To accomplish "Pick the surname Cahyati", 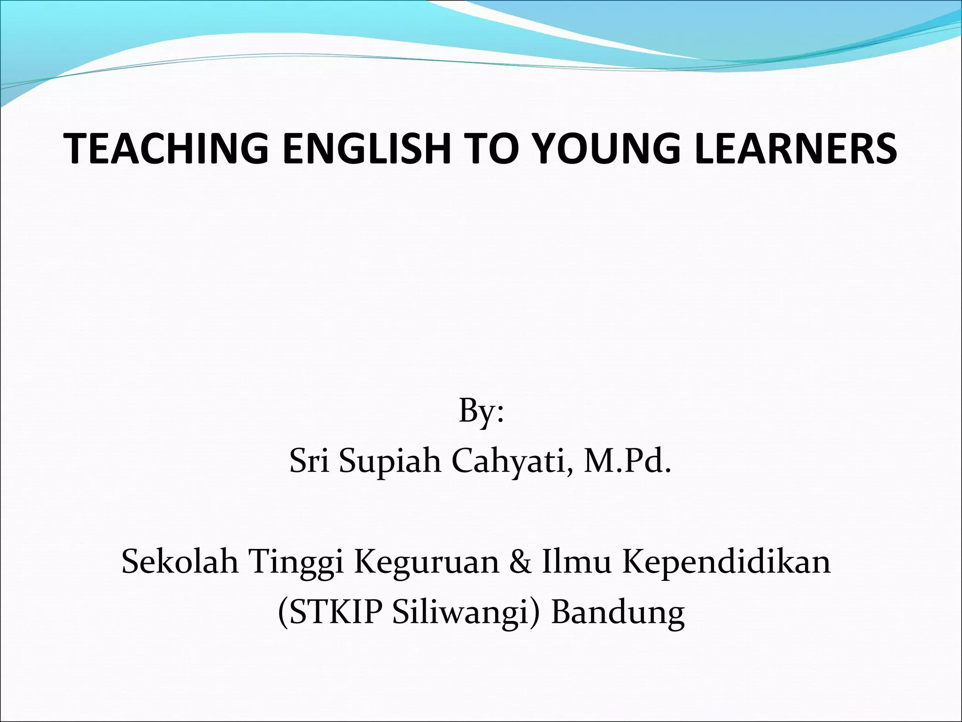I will (x=511, y=462).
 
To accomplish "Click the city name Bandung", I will (x=618, y=613).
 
